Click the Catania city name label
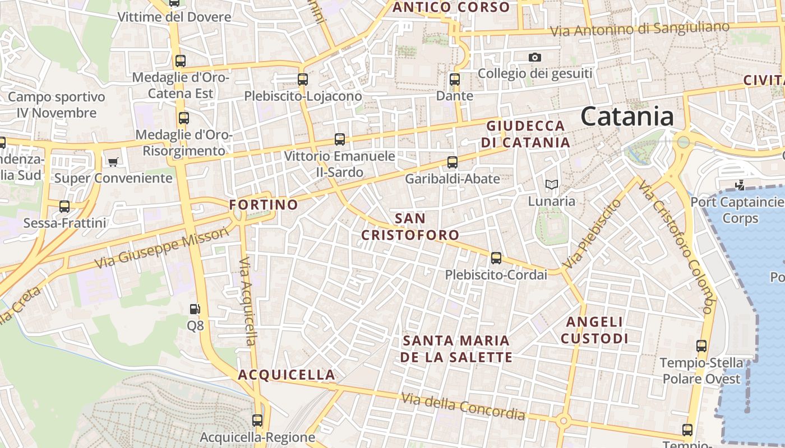[x=627, y=116]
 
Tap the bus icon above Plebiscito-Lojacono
[x=303, y=80]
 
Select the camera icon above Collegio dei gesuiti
[x=535, y=57]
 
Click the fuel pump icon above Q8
[x=195, y=309]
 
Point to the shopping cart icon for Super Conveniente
[x=113, y=162]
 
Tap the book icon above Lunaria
[x=552, y=184]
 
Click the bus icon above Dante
[x=455, y=80]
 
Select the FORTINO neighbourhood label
[x=264, y=205]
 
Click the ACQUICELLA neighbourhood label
[x=287, y=375]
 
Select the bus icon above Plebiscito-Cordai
[x=496, y=258]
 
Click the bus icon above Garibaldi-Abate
[x=452, y=163]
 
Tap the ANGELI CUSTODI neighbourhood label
[x=594, y=330]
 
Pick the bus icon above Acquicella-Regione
[x=257, y=420]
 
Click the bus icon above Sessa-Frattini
[x=64, y=207]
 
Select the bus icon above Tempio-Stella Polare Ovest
[x=701, y=346]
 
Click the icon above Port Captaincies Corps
[x=740, y=185]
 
